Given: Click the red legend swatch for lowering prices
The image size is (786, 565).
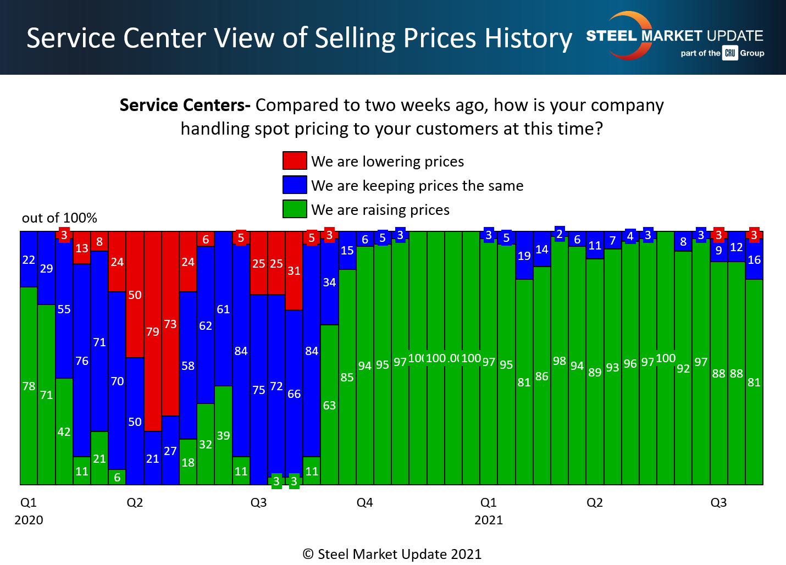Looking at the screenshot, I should click(295, 160).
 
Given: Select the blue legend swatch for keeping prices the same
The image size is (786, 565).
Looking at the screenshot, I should click(295, 185).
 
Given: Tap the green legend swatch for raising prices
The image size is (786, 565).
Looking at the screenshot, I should click(295, 209).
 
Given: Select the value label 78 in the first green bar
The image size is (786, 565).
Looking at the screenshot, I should click(29, 386).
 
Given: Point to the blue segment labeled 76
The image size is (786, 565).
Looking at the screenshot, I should click(82, 361).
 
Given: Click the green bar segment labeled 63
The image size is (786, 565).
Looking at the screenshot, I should click(329, 405).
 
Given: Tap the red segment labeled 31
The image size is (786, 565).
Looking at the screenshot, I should click(294, 271).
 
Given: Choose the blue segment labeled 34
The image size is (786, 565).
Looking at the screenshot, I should click(329, 282).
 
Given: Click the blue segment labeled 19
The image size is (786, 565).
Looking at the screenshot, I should click(524, 256).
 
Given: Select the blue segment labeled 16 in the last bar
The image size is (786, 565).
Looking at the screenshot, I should click(754, 260).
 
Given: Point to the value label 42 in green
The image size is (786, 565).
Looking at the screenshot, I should click(64, 432).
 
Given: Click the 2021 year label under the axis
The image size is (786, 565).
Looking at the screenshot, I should click(489, 520).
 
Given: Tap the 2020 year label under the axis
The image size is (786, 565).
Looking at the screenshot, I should click(29, 520).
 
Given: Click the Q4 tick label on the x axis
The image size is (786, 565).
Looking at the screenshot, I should click(365, 503).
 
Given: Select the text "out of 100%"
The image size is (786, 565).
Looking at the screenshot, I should click(59, 218).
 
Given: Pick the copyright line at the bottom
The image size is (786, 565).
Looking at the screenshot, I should click(392, 554).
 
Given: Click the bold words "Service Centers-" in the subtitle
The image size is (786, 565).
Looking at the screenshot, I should click(185, 105).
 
